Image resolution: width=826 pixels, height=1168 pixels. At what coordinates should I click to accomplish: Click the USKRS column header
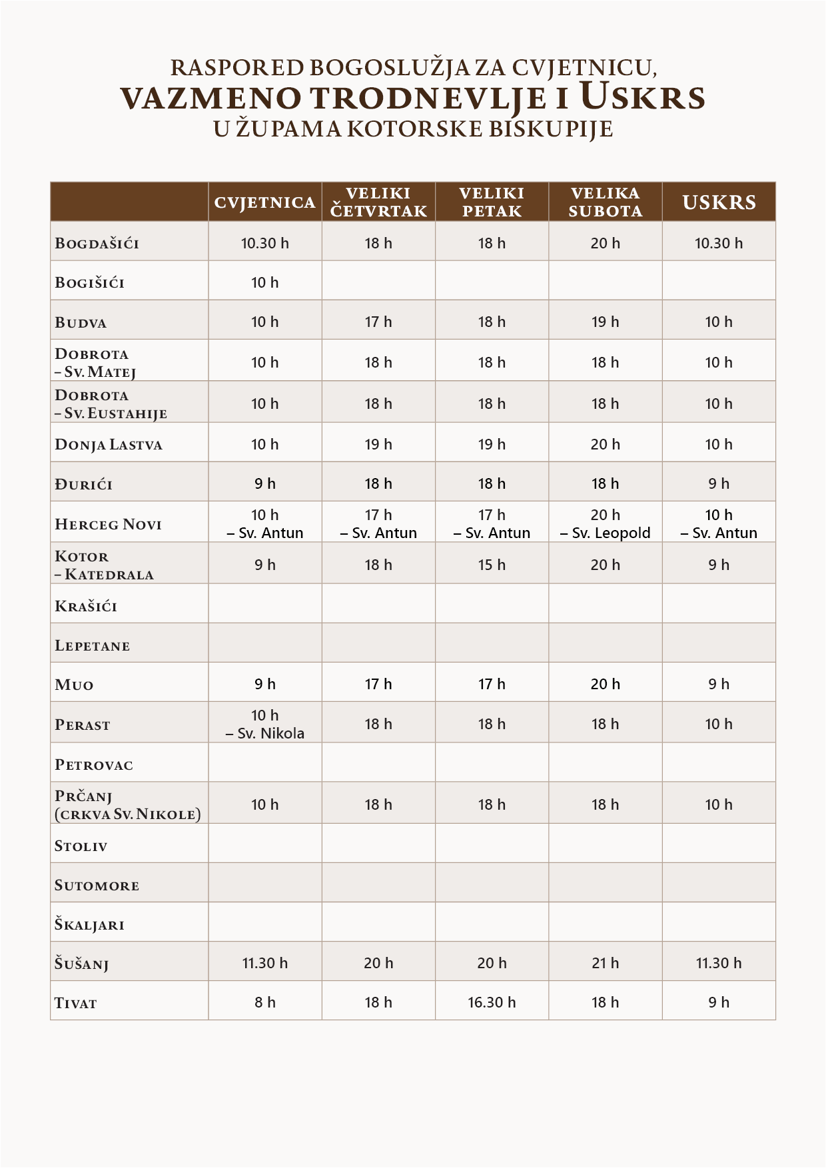coord(719,202)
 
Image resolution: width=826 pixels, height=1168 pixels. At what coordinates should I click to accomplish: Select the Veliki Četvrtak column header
coord(378,202)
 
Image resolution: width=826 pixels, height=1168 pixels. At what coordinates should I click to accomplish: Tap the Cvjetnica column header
coord(264,202)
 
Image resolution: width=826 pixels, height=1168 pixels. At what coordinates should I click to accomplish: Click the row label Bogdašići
coord(97,243)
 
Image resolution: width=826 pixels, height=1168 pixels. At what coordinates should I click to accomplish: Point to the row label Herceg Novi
coord(109,524)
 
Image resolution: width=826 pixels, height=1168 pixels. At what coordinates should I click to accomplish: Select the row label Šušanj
coord(82,964)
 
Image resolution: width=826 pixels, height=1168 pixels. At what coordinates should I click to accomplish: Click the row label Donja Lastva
coord(109,445)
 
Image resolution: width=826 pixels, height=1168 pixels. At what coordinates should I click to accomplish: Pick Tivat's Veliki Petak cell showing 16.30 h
coord(492,1002)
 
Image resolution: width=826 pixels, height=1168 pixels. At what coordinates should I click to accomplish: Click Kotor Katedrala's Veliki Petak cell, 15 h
coord(492,565)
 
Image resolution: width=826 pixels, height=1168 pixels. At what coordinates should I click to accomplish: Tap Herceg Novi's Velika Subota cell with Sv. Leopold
coord(605,524)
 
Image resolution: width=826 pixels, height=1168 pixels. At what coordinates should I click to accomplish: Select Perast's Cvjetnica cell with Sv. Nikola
coord(264,725)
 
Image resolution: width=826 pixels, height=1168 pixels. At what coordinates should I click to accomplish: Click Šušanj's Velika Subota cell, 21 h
coord(605,963)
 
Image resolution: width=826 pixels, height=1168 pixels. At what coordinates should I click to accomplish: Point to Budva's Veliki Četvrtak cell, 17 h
coord(378,322)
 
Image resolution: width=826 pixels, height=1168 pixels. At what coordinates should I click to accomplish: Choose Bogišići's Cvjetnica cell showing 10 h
coord(264,282)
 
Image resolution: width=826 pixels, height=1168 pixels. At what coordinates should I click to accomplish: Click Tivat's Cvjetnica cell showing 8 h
coord(264,1002)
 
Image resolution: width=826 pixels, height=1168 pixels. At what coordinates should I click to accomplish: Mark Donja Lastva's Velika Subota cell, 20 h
coord(605,444)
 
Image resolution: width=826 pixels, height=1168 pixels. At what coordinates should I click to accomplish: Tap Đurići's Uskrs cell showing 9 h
coord(719,483)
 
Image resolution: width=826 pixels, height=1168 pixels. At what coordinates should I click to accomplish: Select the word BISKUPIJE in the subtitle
coord(551,128)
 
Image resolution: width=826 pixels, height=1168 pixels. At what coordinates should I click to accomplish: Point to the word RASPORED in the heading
coord(236,67)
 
